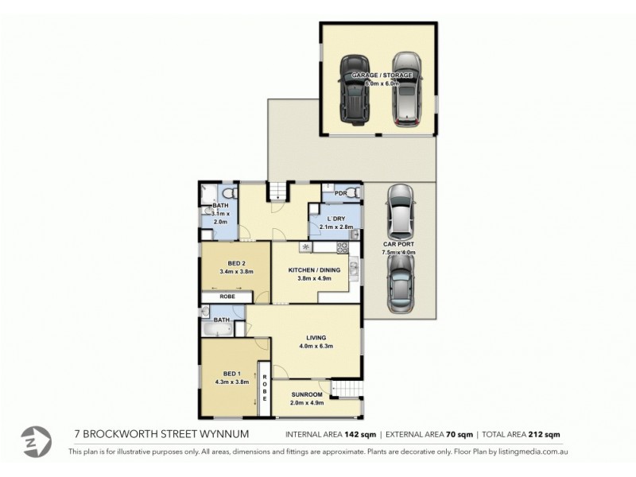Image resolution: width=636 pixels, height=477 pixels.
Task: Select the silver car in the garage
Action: pos(406,89)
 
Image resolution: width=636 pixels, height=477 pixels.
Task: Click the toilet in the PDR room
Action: pos(353,192)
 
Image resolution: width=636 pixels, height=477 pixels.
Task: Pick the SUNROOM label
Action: pos(306,395)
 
